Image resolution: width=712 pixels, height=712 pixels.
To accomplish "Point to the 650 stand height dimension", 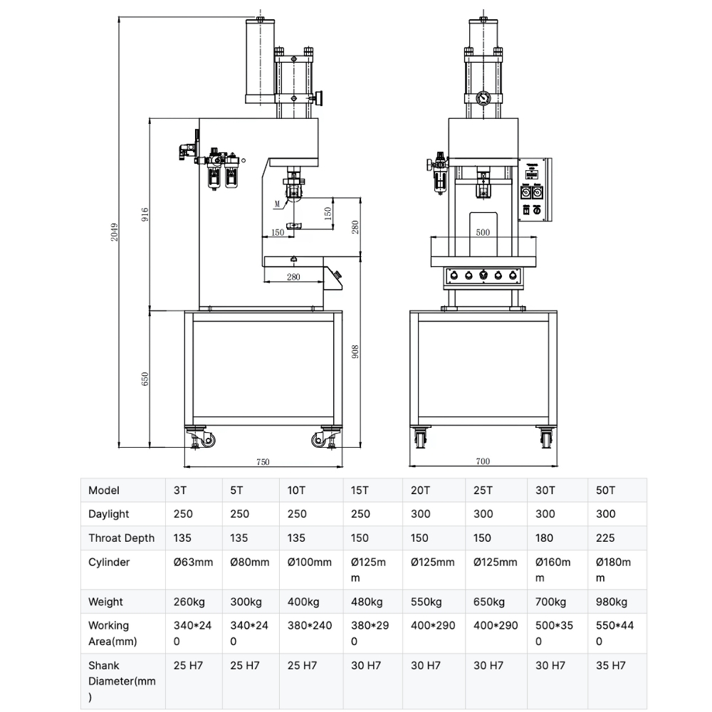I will click(145, 379).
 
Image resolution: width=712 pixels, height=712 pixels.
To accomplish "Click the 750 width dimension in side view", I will click(262, 461).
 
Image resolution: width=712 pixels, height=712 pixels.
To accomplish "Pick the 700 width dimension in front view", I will click(483, 461).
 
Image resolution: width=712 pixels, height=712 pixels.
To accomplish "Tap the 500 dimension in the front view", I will click(483, 233).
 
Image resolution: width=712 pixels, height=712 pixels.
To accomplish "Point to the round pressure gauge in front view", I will click(483, 100).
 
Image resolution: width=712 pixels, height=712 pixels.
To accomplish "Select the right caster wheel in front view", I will click(546, 439).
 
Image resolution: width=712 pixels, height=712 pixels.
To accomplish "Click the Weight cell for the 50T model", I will click(611, 602).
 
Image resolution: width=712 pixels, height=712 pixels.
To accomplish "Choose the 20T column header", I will click(421, 491).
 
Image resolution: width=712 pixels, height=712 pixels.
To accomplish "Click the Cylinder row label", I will click(109, 562).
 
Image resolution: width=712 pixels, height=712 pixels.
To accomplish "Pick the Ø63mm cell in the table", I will click(193, 562).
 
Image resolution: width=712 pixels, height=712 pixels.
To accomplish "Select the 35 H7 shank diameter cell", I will click(610, 666).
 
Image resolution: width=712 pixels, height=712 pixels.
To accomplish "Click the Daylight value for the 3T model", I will click(183, 514).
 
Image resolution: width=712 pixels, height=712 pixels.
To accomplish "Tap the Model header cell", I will click(104, 491).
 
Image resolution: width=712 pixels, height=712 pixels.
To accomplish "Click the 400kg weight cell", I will click(303, 602).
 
